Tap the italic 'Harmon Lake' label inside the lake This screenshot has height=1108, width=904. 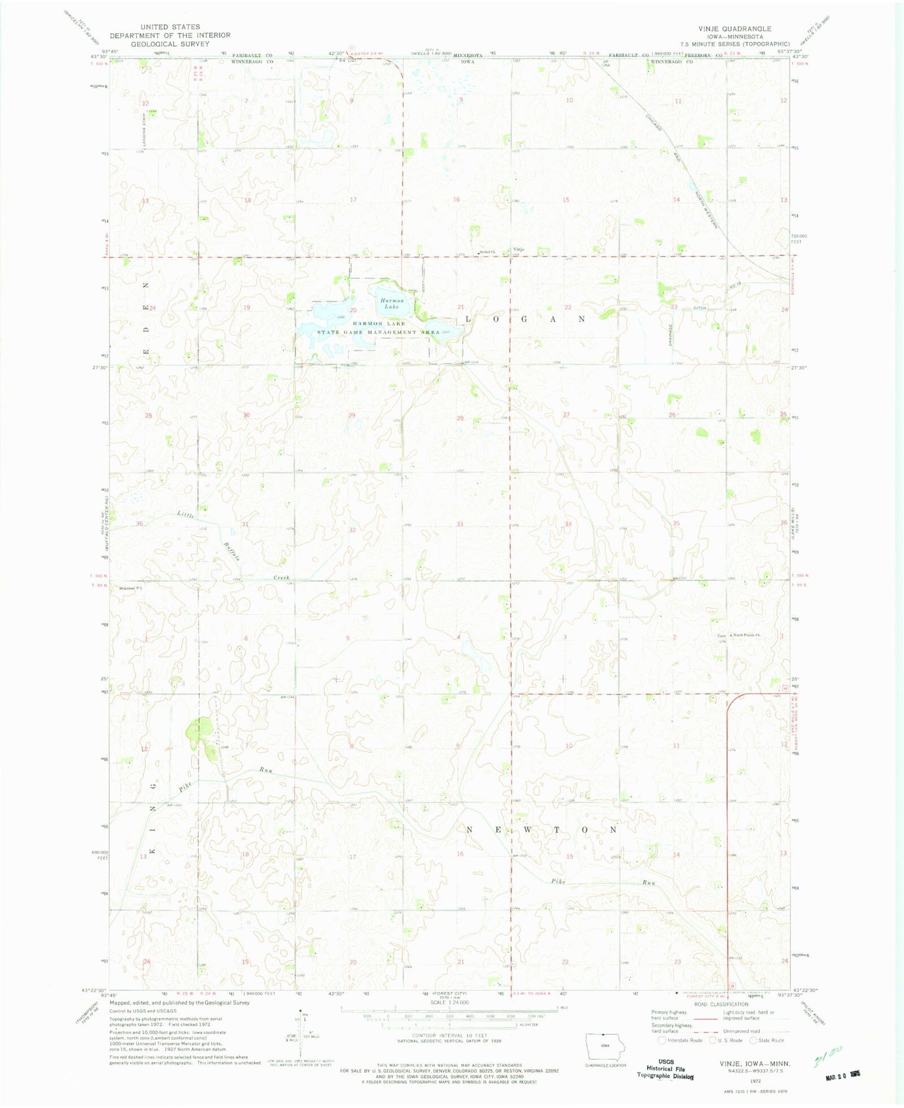click(x=392, y=304)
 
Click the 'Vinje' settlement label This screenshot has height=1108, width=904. click(x=518, y=250)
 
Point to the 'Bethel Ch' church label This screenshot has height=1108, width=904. click(x=487, y=252)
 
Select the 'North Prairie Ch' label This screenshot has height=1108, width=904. click(x=746, y=636)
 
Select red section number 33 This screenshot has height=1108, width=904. click(x=460, y=524)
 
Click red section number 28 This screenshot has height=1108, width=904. click(x=460, y=418)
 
